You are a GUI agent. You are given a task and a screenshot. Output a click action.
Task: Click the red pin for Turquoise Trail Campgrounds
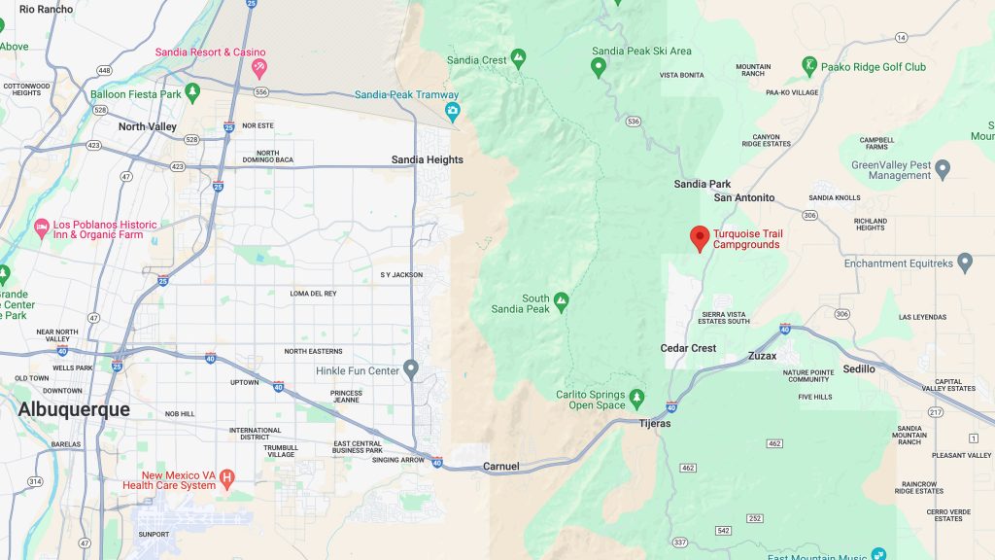(x=699, y=237)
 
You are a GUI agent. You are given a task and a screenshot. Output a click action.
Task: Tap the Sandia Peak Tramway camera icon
(x=453, y=111)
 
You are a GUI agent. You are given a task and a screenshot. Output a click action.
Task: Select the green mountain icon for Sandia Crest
(x=518, y=58)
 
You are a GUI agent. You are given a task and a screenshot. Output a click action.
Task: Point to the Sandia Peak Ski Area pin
(x=599, y=67)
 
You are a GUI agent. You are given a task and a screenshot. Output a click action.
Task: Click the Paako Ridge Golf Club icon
(x=808, y=65)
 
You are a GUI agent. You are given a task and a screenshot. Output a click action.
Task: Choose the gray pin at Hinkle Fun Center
(x=411, y=368)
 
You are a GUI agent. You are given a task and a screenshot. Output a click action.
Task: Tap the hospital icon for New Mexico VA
(x=227, y=476)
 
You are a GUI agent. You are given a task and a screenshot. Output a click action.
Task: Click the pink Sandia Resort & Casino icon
(x=258, y=67)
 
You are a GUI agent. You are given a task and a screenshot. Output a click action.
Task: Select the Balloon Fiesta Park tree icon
(x=193, y=92)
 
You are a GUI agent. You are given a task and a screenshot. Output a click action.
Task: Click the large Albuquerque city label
(x=74, y=409)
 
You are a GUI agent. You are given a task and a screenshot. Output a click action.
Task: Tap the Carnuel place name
(x=500, y=467)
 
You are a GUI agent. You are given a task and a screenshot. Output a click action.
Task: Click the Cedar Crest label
(x=688, y=348)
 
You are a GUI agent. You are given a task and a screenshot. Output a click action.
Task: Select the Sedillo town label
(x=859, y=369)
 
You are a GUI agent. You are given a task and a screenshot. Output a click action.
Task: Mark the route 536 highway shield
(x=634, y=122)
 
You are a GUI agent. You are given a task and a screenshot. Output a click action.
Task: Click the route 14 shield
(x=901, y=38)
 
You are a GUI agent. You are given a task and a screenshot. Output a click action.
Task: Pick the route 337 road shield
(x=679, y=542)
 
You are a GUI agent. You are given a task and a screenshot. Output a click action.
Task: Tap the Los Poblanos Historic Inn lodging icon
(x=41, y=228)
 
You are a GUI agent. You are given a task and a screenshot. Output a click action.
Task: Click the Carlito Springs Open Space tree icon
(x=636, y=398)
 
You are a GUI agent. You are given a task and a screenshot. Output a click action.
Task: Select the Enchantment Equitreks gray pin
(x=964, y=262)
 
